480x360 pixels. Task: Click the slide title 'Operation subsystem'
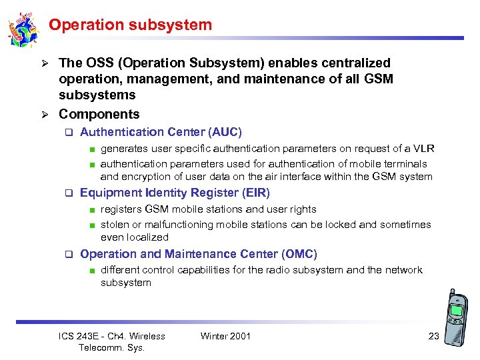tap(130, 25)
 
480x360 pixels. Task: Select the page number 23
tap(433, 336)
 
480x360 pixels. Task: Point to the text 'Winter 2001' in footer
tap(225, 336)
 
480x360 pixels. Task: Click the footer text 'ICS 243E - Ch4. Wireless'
tap(112, 336)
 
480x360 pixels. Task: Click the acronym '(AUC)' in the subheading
tap(225, 133)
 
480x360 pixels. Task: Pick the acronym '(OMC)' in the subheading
tap(299, 254)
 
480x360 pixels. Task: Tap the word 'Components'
tap(99, 114)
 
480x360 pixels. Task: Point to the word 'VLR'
tap(423, 149)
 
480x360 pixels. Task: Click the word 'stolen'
tap(114, 225)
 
